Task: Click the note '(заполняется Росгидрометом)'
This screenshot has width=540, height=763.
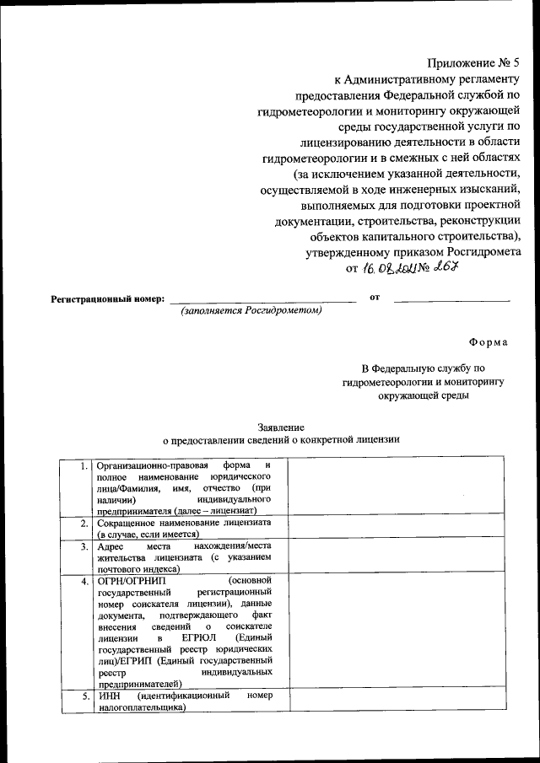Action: click(251, 310)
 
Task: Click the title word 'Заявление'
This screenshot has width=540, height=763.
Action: click(280, 427)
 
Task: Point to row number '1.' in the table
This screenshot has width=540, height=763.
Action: click(83, 465)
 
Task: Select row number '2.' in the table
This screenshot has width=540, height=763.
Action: click(83, 524)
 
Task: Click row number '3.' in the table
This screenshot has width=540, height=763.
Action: click(83, 546)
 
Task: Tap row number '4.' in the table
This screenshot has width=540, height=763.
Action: click(83, 581)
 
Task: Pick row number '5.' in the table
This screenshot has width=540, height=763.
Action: click(83, 697)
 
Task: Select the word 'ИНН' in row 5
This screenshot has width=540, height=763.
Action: click(108, 697)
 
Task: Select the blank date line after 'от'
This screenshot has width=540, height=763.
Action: click(452, 298)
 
